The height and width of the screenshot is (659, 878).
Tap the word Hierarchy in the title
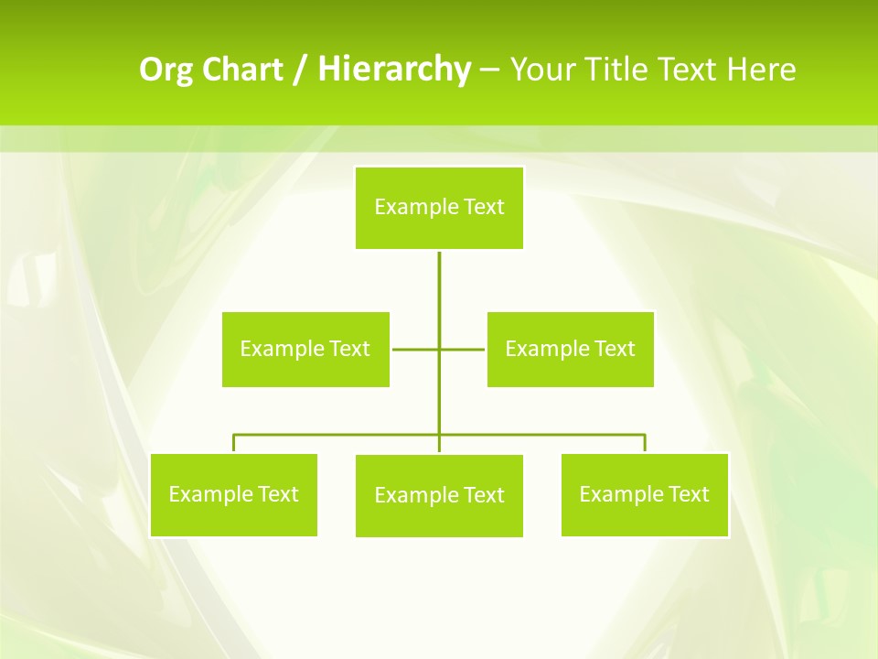(393, 70)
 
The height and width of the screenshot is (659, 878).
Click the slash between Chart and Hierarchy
(300, 70)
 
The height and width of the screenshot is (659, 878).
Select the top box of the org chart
(439, 208)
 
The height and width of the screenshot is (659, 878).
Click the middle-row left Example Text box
(305, 349)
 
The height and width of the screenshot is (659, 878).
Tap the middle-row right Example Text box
(570, 349)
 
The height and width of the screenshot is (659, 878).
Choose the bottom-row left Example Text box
(233, 495)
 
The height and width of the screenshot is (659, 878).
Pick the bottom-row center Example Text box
(439, 496)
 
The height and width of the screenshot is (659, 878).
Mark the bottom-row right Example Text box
(645, 495)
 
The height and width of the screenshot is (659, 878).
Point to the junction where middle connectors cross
(439, 349)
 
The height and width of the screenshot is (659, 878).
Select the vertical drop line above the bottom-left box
(234, 444)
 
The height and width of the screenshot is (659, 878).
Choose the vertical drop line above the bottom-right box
(645, 444)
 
